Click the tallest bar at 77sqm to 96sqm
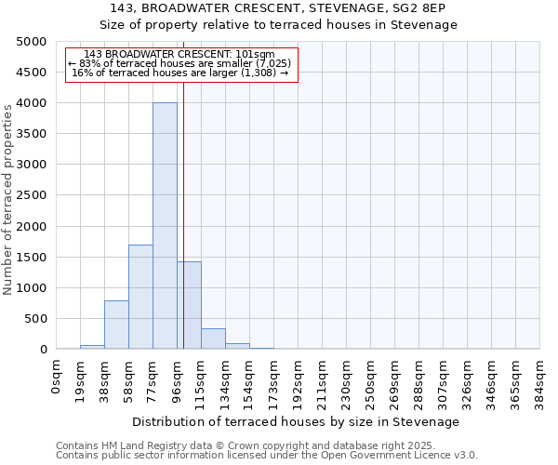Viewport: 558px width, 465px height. click(165, 226)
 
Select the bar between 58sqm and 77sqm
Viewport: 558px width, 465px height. click(140, 297)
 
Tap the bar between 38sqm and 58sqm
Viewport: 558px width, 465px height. click(116, 325)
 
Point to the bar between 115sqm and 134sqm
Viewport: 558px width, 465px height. click(213, 339)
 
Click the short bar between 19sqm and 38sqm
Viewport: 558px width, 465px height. click(92, 347)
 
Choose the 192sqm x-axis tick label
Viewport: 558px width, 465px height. click(298, 379)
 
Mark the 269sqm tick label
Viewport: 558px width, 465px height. click(394, 379)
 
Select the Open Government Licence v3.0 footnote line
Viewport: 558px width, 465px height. click(267, 456)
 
